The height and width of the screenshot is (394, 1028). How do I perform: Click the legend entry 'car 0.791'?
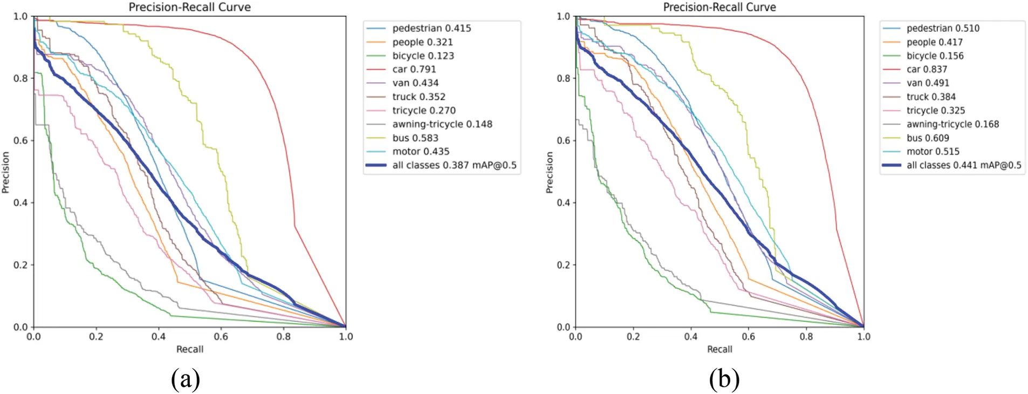click(414, 69)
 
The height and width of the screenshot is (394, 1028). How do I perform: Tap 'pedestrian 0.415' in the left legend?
click(431, 28)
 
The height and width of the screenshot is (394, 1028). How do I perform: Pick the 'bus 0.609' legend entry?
click(927, 138)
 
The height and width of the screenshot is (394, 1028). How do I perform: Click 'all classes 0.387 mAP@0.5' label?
click(454, 165)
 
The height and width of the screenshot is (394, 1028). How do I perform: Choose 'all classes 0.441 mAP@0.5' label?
click(963, 165)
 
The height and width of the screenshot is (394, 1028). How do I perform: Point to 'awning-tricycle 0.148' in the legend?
click(442, 124)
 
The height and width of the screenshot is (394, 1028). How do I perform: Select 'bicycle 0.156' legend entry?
click(934, 56)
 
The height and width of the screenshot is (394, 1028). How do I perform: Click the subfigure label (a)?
click(185, 379)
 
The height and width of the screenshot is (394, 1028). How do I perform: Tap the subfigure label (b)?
click(724, 379)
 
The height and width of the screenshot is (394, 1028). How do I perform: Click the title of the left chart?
click(189, 7)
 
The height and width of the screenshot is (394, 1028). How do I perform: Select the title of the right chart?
click(719, 7)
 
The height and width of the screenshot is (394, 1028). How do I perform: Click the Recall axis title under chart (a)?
click(190, 349)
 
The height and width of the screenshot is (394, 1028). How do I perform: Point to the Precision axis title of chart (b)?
click(549, 172)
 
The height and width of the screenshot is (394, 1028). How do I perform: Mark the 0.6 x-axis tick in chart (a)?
click(221, 336)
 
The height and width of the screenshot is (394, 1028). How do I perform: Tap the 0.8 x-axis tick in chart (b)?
click(806, 336)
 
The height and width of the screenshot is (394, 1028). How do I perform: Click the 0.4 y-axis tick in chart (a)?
click(20, 202)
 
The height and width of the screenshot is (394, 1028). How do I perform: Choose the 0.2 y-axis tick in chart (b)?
click(564, 264)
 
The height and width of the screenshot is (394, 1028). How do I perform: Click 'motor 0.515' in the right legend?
click(933, 151)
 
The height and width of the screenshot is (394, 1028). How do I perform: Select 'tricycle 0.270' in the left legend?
click(423, 110)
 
